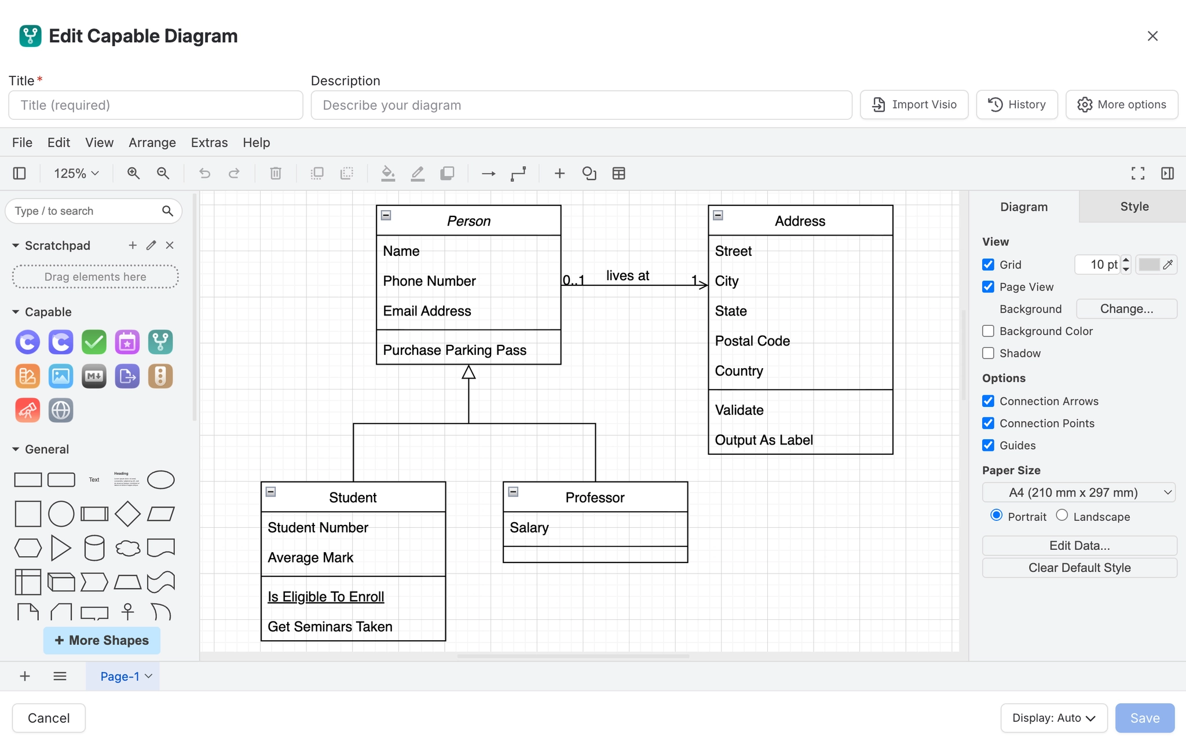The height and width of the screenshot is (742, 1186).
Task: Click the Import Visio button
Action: point(914,105)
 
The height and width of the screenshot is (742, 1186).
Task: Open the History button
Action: point(1017,105)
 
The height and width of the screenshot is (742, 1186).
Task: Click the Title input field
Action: point(156,105)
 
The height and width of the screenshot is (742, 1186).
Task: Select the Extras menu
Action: point(209,142)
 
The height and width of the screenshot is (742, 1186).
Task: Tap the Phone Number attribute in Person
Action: point(429,281)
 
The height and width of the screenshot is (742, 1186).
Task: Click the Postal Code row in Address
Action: point(752,341)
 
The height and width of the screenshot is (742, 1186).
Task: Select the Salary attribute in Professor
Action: point(529,528)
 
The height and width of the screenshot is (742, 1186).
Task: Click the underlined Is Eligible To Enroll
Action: point(326,597)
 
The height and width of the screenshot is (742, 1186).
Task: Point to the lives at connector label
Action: point(628,276)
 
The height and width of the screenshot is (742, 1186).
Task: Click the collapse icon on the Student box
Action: point(270,492)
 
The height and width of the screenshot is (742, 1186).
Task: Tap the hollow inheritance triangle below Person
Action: point(468,372)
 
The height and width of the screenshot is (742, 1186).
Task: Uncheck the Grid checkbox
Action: point(989,265)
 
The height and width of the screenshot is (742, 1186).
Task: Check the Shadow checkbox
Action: point(989,353)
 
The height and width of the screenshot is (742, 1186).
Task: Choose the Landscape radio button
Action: point(1061,515)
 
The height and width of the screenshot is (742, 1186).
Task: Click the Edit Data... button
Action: point(1079,546)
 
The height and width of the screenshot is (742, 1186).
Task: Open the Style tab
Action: point(1134,207)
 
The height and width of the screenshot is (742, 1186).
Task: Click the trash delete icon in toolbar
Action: point(276,173)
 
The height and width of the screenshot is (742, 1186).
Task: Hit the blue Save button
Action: point(1145,718)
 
